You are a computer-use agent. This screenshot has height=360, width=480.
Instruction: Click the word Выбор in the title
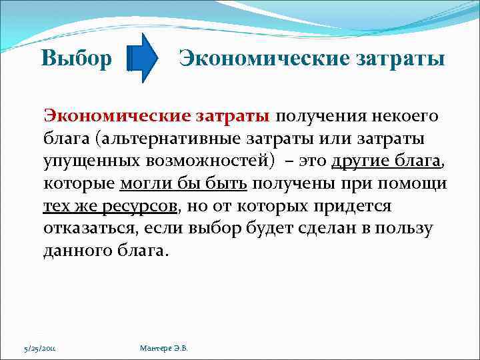coord(76,59)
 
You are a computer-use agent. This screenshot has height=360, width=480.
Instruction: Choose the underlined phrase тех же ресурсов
coord(111,206)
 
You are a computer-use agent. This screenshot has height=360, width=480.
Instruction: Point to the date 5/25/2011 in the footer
coord(39,347)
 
